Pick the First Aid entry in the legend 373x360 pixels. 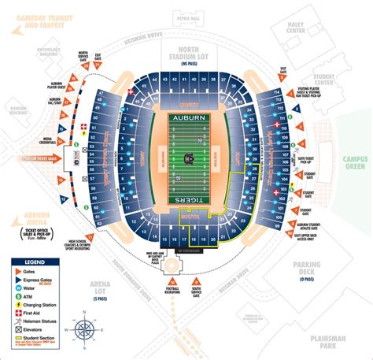[35, 311]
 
